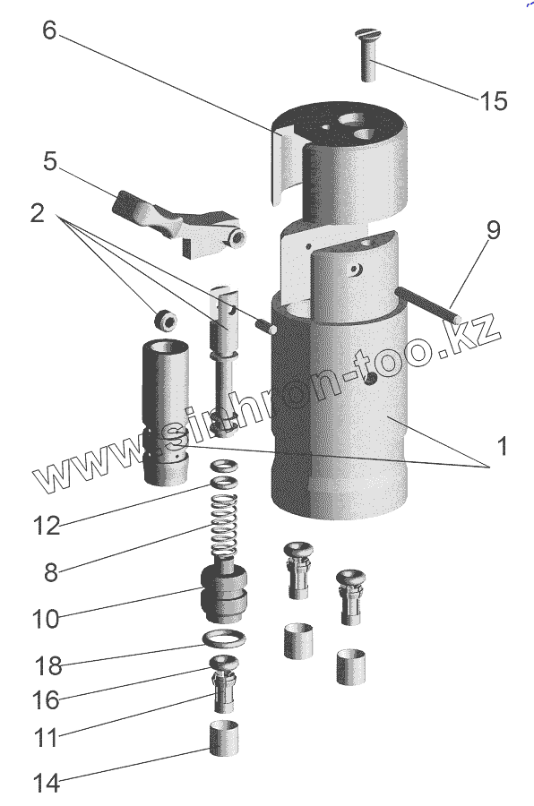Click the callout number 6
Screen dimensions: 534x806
point(49,30)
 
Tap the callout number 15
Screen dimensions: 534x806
point(494,100)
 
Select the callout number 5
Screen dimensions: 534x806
point(49,161)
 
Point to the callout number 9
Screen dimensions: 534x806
point(494,230)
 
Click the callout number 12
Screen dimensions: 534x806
point(47,526)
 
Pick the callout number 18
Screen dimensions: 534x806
point(48,666)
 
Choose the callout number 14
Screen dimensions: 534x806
point(47,784)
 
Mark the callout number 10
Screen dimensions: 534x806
point(46,619)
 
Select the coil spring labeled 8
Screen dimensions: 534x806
point(224,526)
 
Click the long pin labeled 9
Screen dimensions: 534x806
point(428,306)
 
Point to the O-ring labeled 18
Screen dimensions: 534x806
point(224,639)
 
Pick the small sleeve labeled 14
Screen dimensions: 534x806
point(224,739)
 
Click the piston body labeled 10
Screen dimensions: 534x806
point(224,591)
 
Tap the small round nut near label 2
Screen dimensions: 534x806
point(166,320)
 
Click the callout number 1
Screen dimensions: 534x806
point(503,446)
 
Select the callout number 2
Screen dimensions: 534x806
point(37,213)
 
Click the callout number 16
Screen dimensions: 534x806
point(46,700)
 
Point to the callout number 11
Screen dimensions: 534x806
point(46,738)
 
